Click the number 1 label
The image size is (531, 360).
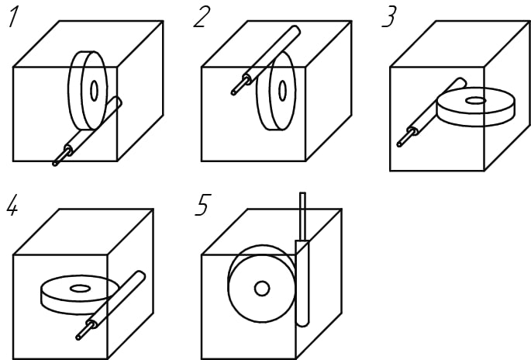pyautogui.click(x=13, y=16)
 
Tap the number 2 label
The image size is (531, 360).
pyautogui.click(x=202, y=17)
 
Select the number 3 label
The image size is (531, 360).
pyautogui.click(x=389, y=17)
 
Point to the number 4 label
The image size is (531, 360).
pyautogui.click(x=12, y=206)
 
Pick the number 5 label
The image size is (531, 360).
pyautogui.click(x=202, y=206)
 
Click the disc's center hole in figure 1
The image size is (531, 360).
pyautogui.click(x=94, y=90)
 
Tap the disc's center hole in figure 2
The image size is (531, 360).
pyautogui.click(x=283, y=90)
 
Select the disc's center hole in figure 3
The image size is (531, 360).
pyautogui.click(x=475, y=100)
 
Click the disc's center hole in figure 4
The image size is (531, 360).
pyautogui.click(x=80, y=289)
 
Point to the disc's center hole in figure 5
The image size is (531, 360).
pyautogui.click(x=262, y=289)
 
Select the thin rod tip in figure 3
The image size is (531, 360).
pyautogui.click(x=401, y=144)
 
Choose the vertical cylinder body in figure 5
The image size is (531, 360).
pyautogui.click(x=302, y=283)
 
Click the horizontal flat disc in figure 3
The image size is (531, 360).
pyautogui.click(x=475, y=109)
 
